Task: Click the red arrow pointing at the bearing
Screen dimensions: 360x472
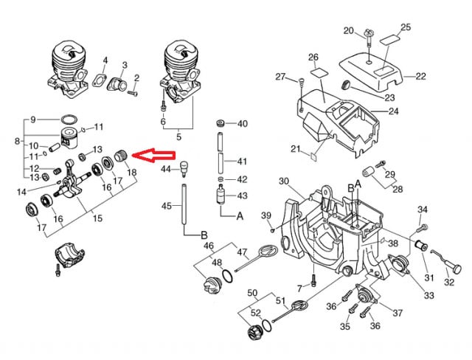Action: point(157,156)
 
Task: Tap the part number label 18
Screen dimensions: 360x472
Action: point(133,173)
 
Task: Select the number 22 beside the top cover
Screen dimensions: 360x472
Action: point(421,76)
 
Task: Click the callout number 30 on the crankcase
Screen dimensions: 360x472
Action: point(283,181)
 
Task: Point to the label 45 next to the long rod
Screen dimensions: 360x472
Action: point(167,206)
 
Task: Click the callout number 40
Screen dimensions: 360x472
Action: point(242,123)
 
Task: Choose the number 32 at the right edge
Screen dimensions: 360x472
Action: point(448,281)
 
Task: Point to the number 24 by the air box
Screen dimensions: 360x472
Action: point(393,112)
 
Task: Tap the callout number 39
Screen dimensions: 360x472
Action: point(267,215)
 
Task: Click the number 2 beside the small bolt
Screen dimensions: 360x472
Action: point(136,77)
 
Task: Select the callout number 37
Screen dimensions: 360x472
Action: point(398,313)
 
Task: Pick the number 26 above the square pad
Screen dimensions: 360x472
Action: point(313,58)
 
